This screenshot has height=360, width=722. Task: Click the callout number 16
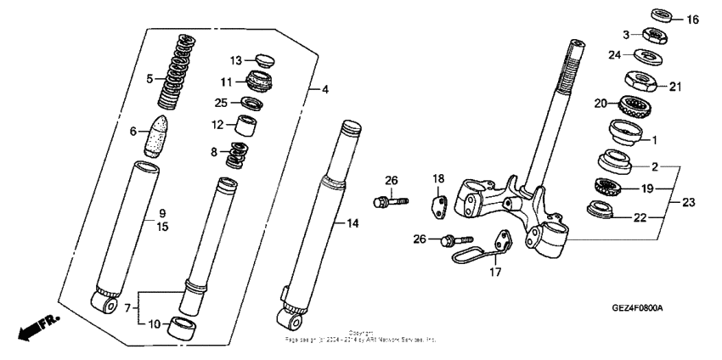click(693, 20)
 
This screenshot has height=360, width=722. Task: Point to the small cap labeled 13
click(264, 60)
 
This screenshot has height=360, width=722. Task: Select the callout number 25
click(219, 104)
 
